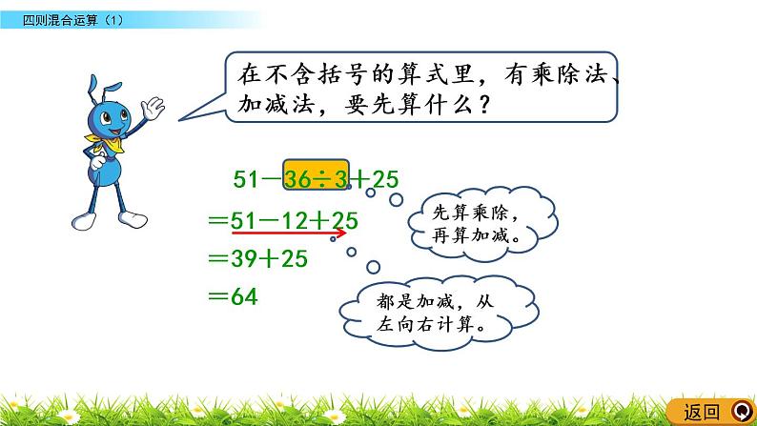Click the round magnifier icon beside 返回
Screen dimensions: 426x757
[x=743, y=412]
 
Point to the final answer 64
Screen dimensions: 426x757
[x=245, y=296]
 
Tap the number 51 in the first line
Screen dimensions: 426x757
[x=249, y=177]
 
